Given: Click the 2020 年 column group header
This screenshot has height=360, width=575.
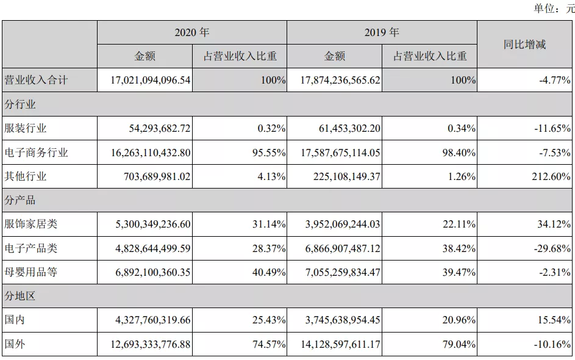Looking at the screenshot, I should pyautogui.click(x=191, y=32).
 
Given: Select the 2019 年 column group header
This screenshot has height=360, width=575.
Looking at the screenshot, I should pyautogui.click(x=382, y=32).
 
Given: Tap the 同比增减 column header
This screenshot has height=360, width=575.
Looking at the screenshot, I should pyautogui.click(x=524, y=44).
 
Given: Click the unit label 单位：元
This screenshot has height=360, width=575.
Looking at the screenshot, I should pyautogui.click(x=554, y=8).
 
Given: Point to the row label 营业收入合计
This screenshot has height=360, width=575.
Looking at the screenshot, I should pyautogui.click(x=36, y=80).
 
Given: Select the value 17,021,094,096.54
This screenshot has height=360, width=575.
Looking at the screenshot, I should pyautogui.click(x=144, y=80).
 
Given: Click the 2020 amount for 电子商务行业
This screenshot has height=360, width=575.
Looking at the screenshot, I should pyautogui.click(x=144, y=153).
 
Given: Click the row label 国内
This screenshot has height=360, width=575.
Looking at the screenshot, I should pyautogui.click(x=15, y=320).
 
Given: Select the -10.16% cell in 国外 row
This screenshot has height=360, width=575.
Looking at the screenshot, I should pyautogui.click(x=552, y=345).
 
